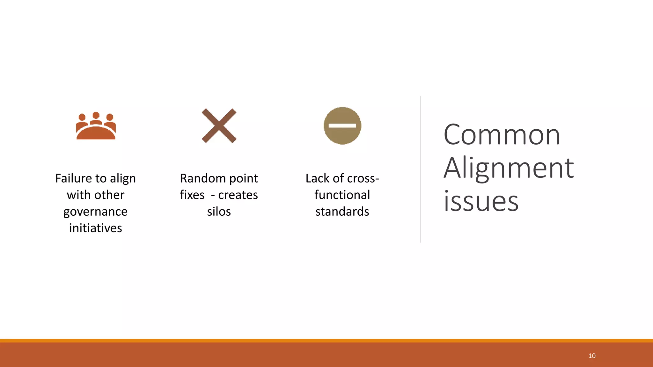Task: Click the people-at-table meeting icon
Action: (96, 126)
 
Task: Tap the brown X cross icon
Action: (219, 126)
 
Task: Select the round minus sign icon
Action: (342, 126)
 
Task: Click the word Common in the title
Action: (502, 135)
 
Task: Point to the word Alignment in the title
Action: (509, 168)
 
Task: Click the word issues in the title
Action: (481, 201)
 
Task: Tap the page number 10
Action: (592, 356)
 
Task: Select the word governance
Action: (95, 212)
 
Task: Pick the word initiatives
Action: (95, 228)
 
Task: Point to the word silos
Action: (219, 212)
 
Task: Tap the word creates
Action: (238, 195)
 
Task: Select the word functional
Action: (342, 195)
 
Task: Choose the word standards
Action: (342, 212)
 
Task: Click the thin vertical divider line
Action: (421, 169)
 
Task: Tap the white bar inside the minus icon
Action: (342, 126)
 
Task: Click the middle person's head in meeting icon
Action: (96, 115)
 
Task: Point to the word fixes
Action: (192, 195)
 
